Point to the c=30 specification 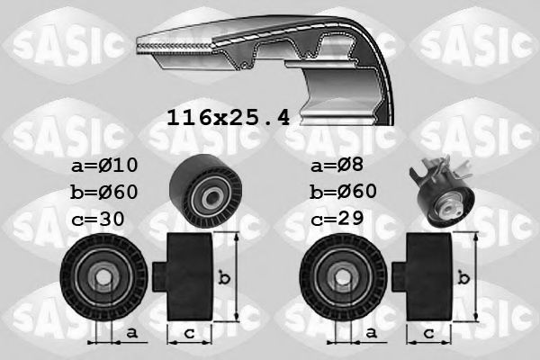(99, 219)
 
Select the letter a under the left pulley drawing (131, 333)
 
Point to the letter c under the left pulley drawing (188, 333)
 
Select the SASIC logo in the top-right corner (477, 40)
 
